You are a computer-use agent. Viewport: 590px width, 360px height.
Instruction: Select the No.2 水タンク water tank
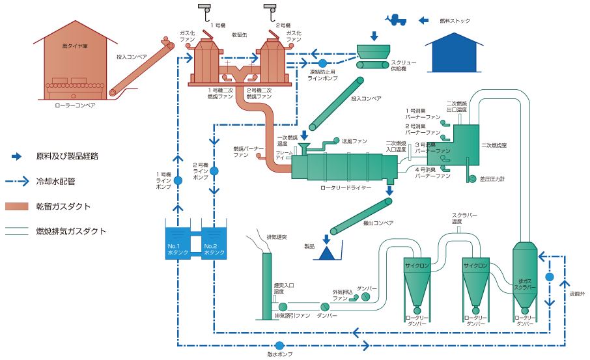click(x=215, y=243)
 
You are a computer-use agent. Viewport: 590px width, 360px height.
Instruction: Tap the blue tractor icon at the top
click(x=395, y=20)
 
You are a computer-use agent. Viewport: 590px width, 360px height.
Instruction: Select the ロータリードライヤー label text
click(x=346, y=187)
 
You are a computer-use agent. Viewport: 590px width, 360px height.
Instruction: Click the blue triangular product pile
click(x=328, y=252)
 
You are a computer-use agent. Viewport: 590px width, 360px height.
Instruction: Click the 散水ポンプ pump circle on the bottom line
click(x=279, y=345)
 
